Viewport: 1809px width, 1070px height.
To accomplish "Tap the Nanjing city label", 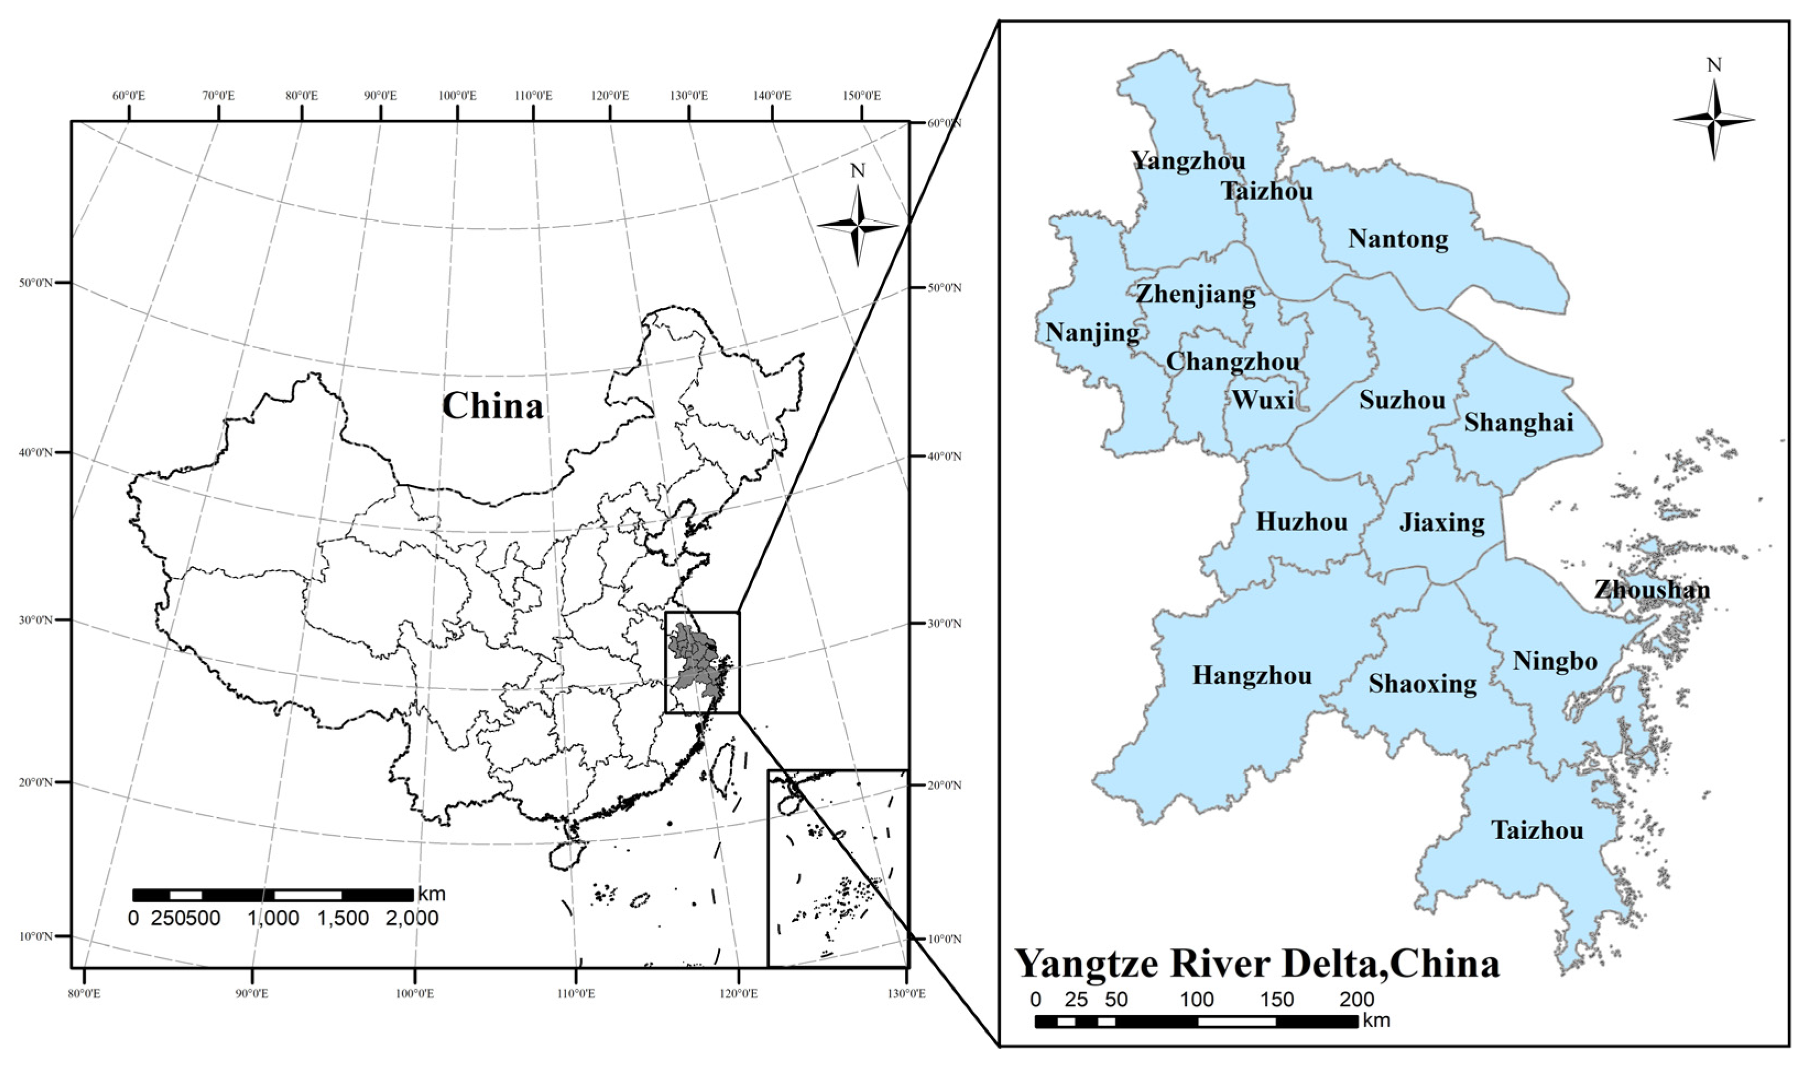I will point(1092,333).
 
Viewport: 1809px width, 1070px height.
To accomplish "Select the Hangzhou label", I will point(1252,676).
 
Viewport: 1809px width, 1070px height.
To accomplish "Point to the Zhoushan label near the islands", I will point(1652,590).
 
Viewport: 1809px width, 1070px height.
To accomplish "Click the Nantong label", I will point(1398,239).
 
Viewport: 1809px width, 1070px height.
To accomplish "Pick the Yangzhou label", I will point(1187,160).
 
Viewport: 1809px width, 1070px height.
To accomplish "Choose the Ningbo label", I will point(1554,660).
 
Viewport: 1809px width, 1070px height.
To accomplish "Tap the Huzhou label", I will point(1301,522).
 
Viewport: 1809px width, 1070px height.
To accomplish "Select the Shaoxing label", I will point(1422,683).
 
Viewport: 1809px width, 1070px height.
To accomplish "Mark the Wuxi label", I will point(1262,399).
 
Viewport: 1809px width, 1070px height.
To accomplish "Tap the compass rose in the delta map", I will point(1714,120).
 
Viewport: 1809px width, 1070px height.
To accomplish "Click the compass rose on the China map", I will point(858,225).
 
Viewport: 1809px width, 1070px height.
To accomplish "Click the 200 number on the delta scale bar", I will point(1357,1000).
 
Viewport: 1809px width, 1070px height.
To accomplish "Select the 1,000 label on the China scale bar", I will point(273,919).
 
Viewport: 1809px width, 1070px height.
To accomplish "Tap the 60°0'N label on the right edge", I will point(945,123).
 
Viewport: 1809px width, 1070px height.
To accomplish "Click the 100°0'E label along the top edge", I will point(457,96).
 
